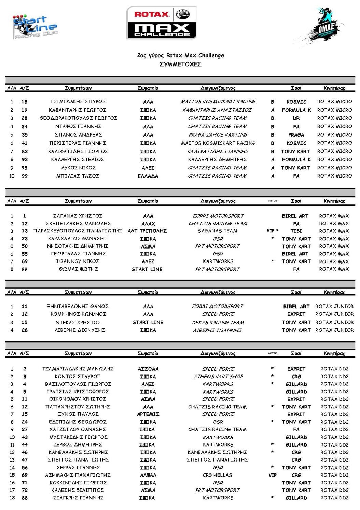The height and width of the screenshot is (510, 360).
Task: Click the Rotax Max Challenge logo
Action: tap(161, 23)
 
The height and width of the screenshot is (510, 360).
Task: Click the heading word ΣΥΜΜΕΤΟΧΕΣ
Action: tap(180, 64)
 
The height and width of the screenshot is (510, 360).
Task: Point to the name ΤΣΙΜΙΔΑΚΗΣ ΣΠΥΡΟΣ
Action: tap(78, 102)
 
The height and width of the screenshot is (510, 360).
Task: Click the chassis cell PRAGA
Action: tap(296, 135)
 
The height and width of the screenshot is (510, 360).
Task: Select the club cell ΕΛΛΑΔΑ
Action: tap(148, 176)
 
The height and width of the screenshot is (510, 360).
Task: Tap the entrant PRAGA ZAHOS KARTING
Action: tap(218, 135)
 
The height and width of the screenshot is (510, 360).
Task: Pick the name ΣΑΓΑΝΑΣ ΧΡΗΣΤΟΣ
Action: tap(78, 216)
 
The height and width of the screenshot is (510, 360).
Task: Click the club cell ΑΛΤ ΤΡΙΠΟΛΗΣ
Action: tap(147, 231)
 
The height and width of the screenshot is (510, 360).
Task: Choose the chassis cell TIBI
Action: tap(296, 231)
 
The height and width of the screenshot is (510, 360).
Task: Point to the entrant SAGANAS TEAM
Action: tap(218, 231)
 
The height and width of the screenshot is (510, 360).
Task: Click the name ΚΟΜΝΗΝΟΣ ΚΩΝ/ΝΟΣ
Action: tap(78, 314)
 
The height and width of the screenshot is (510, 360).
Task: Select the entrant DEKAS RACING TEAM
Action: tap(218, 323)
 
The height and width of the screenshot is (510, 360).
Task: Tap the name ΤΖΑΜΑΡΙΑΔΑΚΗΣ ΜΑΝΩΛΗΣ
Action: tap(78, 369)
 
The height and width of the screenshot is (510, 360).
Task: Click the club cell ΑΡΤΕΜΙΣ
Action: tap(148, 414)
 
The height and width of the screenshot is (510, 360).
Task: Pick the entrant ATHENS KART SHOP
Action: tap(218, 377)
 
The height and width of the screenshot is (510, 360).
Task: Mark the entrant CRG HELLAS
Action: tap(218, 475)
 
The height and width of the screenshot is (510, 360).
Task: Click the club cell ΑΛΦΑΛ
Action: tap(148, 475)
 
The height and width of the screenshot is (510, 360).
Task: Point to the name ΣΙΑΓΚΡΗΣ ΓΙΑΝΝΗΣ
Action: tap(78, 498)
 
